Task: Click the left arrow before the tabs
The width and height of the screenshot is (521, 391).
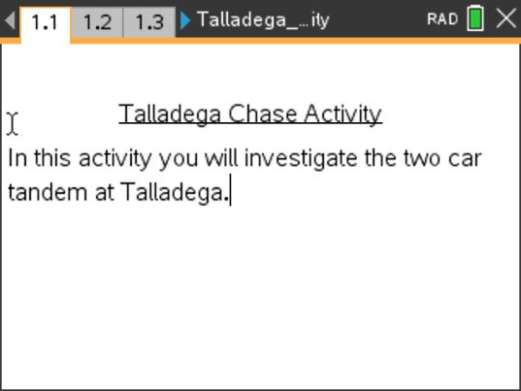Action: point(9,20)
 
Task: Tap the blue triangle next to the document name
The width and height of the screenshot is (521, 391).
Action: point(185,20)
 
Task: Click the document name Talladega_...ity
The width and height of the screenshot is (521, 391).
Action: point(262,20)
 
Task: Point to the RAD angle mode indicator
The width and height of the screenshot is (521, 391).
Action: point(441,20)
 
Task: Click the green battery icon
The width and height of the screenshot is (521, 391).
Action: point(475,19)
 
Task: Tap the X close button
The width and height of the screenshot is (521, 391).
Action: point(505,19)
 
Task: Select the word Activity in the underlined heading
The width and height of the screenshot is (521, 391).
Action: point(342,114)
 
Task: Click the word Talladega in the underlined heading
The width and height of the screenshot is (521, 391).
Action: point(171,114)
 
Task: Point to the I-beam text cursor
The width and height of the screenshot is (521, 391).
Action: point(13,123)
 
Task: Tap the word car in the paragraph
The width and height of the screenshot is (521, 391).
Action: point(465,158)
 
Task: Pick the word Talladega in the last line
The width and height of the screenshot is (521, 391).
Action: point(172,192)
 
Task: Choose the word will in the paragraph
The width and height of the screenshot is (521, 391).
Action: point(222,158)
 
